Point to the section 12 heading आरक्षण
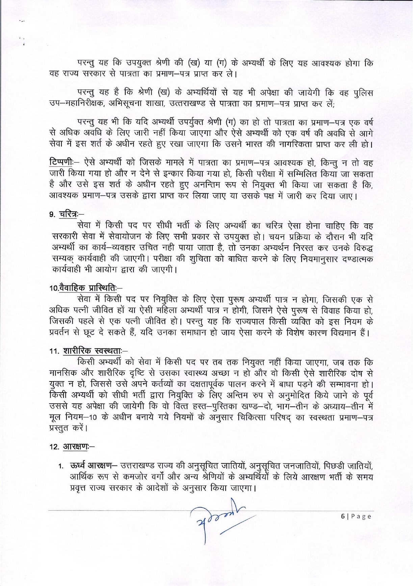coord(75,447)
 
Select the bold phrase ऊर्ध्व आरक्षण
coord(90,465)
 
